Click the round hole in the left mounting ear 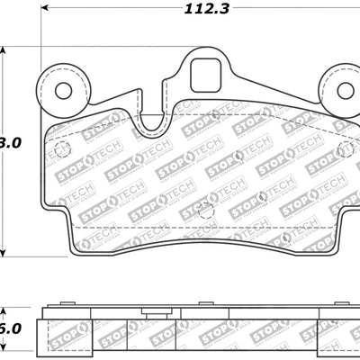point(62,90)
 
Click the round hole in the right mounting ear point(344,90)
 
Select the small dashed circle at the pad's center point(205,210)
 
